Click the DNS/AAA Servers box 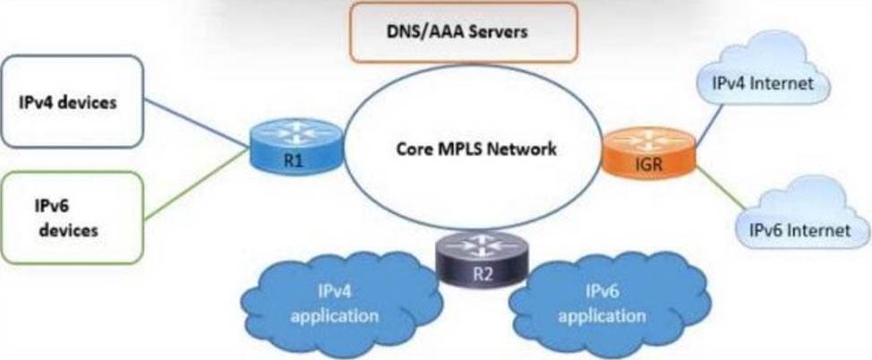(463, 31)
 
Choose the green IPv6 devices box (72, 218)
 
